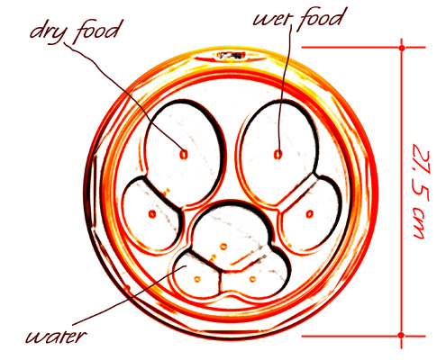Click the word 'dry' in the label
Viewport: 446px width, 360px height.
tap(47, 33)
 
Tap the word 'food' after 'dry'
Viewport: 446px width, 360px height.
tap(97, 31)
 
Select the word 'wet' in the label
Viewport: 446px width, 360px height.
tap(271, 19)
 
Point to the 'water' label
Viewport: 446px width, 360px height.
tap(57, 337)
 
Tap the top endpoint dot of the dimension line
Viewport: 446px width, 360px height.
tap(402, 48)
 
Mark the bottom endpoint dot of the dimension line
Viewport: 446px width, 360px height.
tap(401, 336)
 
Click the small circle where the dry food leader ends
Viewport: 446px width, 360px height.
tap(183, 155)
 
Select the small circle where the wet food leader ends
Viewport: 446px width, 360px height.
tap(278, 155)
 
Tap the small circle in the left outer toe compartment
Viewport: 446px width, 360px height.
tap(152, 214)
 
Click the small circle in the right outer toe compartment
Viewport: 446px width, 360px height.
tap(310, 214)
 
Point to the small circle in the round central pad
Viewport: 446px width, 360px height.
tap(223, 247)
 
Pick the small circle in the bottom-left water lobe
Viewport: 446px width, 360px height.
tap(197, 279)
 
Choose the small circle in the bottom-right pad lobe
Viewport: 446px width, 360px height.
tap(252, 279)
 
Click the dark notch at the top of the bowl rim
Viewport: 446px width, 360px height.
tap(232, 55)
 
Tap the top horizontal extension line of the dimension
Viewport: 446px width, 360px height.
tap(363, 48)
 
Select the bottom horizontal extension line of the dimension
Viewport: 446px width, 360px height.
tap(363, 336)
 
